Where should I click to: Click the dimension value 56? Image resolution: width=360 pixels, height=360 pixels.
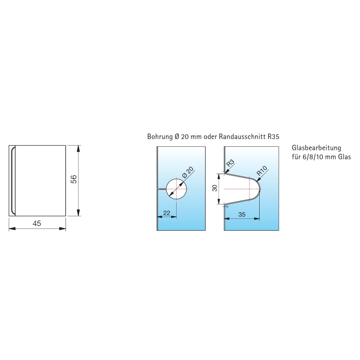[74, 179]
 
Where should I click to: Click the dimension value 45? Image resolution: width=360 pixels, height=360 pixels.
[37, 224]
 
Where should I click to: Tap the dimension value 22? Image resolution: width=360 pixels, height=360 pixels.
[167, 213]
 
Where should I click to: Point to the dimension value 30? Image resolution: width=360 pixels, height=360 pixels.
[215, 188]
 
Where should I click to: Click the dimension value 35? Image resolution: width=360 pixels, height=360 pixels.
[242, 214]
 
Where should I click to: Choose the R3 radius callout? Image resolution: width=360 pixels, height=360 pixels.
[230, 163]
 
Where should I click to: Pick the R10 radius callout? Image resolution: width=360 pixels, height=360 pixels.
[262, 171]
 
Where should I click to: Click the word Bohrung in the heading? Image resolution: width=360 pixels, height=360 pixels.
[160, 136]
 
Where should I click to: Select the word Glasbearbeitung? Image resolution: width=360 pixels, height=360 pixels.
[316, 148]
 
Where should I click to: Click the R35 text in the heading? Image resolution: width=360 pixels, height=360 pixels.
[273, 136]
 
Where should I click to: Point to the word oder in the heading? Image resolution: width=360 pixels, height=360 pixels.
[210, 136]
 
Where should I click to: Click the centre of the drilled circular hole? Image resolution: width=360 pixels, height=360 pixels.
[176, 189]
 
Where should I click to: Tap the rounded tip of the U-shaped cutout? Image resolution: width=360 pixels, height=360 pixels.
[261, 189]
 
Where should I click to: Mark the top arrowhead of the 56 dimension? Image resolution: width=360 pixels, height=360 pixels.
[78, 148]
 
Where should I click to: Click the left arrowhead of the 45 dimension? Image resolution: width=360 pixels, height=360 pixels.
[12, 229]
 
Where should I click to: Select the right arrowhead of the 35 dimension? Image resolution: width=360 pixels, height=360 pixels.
[257, 218]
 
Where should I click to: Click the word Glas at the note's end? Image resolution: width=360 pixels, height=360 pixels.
[344, 157]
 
